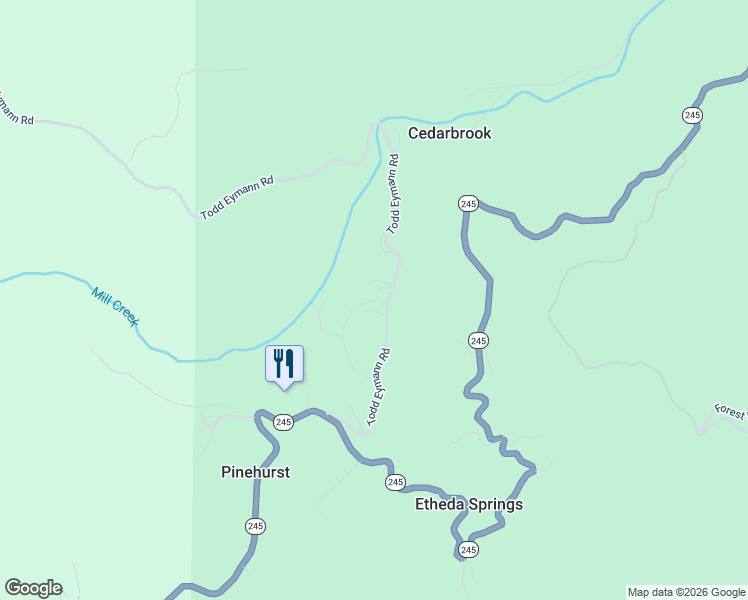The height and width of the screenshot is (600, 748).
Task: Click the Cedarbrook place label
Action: (x=449, y=133)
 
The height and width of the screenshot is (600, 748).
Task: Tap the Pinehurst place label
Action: (x=255, y=472)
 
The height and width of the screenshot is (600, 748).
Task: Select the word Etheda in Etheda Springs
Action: (x=439, y=505)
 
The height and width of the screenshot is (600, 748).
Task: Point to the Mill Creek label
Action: (x=114, y=306)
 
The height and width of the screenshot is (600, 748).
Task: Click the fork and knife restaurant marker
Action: (x=284, y=364)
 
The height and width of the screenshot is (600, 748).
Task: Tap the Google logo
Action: (x=33, y=588)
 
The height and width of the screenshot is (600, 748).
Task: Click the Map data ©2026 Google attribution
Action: (x=686, y=592)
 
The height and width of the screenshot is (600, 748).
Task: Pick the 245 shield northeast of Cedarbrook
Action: (x=692, y=116)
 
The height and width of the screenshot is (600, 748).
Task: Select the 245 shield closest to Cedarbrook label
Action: (x=468, y=204)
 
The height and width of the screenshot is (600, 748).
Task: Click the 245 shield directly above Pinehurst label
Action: (x=283, y=422)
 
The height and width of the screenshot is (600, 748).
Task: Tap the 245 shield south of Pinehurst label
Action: (x=255, y=526)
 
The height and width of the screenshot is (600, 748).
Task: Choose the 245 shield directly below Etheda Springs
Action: (x=468, y=550)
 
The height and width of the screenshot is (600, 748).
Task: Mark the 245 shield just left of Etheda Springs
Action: (x=395, y=483)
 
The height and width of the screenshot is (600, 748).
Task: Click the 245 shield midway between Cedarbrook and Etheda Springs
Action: (x=478, y=341)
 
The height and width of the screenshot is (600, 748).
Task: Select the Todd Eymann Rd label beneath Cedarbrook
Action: (x=393, y=194)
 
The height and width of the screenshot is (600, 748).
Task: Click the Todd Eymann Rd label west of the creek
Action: (x=237, y=198)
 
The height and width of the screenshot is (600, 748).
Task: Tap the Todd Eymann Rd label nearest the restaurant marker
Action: (x=377, y=388)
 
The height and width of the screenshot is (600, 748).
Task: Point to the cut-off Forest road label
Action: (x=731, y=411)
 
